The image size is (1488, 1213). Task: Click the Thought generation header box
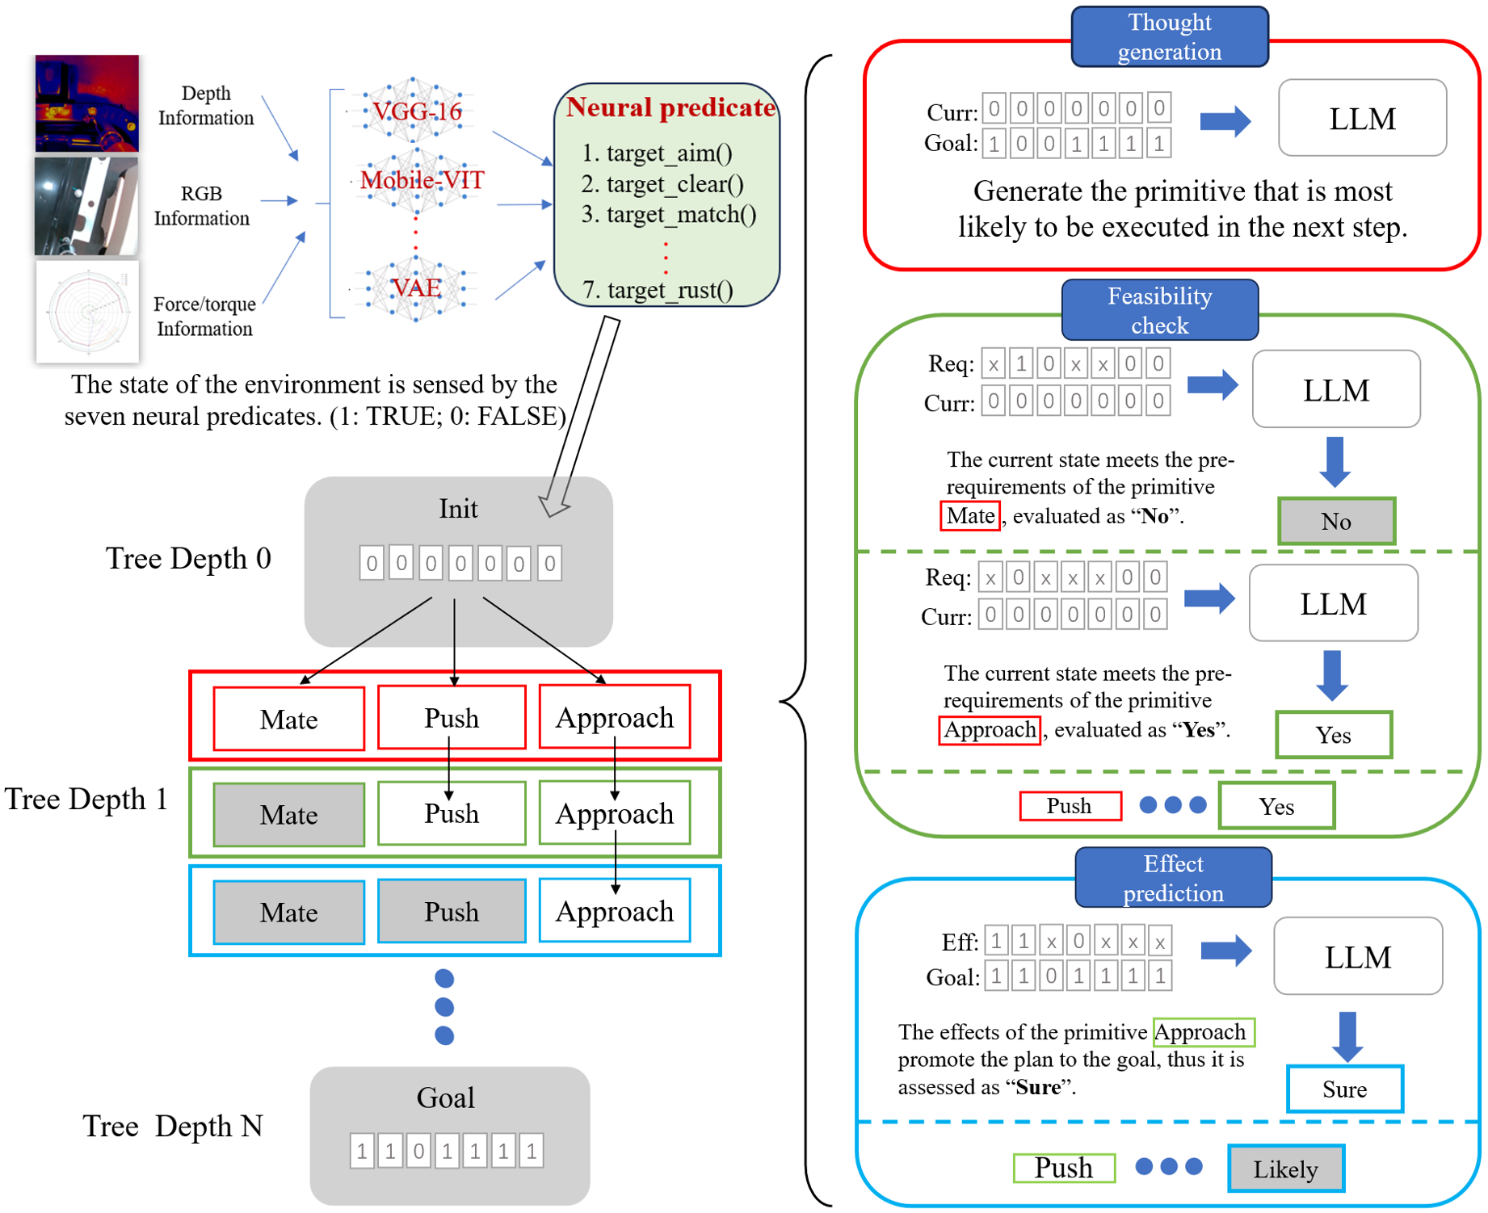pos(1169,36)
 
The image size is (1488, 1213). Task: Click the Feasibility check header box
pos(1159,310)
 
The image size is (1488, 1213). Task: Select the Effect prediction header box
pos(1173,878)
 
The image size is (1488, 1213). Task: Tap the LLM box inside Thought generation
pos(1362,118)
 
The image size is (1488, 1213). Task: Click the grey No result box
pos(1336,521)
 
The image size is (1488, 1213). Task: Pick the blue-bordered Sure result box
pos(1344,1089)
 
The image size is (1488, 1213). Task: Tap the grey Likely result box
pos(1285,1169)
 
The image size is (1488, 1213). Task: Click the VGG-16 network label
pos(417,111)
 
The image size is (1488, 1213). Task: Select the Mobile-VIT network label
pos(422,179)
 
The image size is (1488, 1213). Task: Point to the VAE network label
pos(416,288)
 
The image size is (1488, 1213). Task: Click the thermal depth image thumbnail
pos(86,103)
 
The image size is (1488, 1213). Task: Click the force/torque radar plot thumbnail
pos(87,311)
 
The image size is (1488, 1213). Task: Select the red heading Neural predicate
pos(670,107)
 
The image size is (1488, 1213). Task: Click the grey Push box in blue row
pos(452,912)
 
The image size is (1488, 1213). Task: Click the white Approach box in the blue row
pos(614,911)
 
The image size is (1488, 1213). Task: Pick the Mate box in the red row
pos(288,719)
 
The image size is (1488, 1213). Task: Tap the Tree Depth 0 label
pos(188,558)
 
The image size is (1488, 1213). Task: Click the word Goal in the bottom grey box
pos(445,1098)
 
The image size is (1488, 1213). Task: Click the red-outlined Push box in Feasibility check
pos(1070,806)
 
